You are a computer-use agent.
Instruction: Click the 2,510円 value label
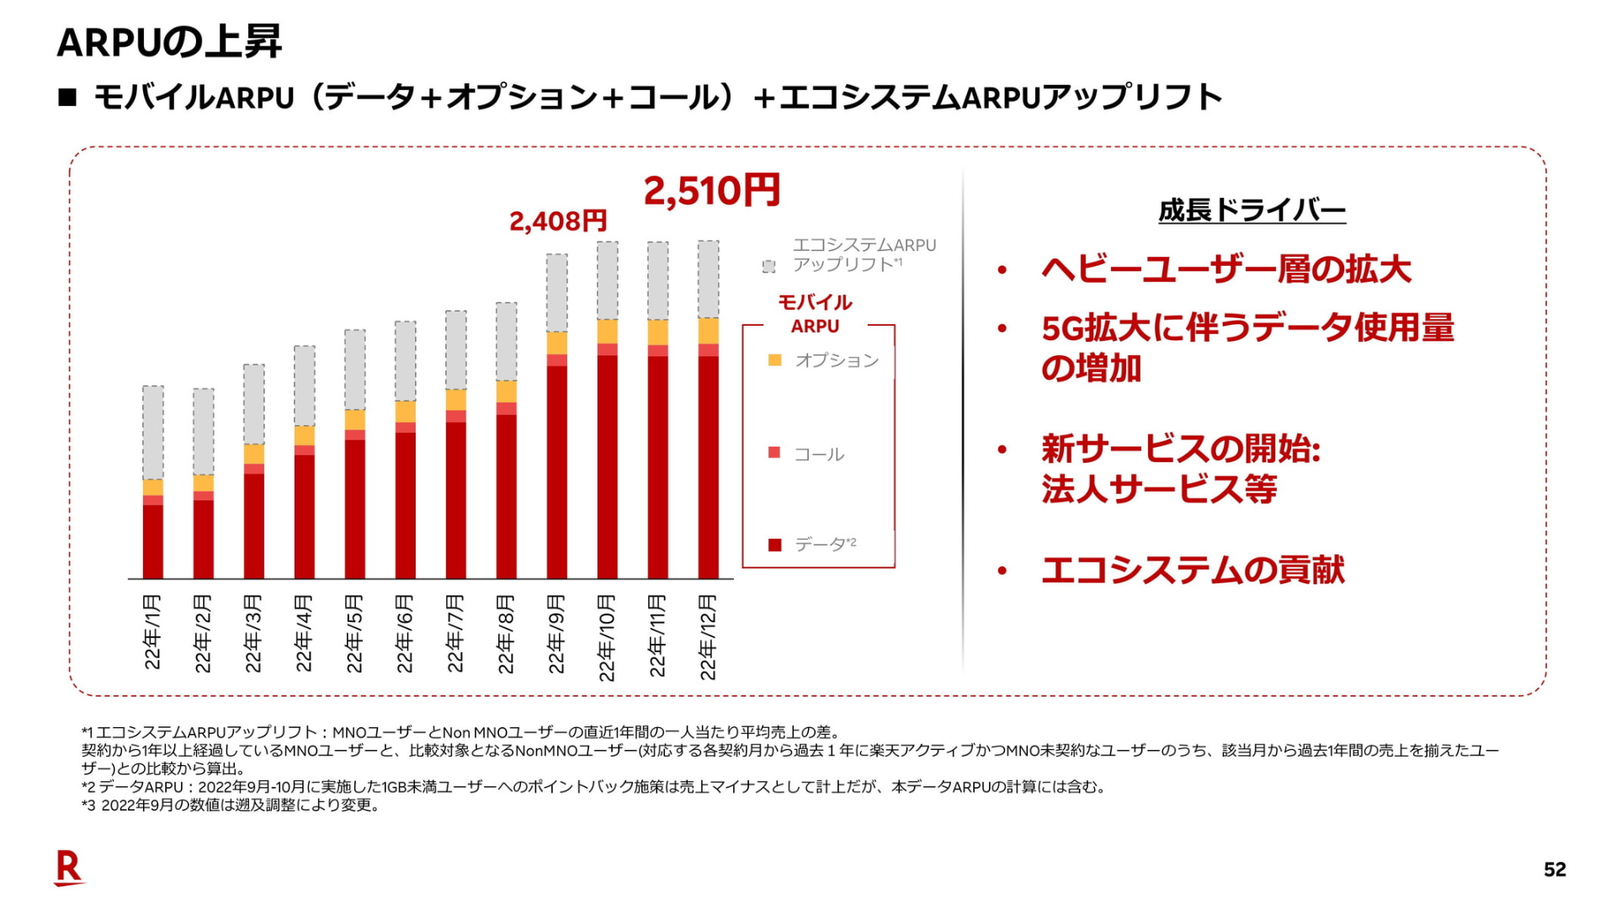(x=712, y=191)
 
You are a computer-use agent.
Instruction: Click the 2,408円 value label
(x=558, y=221)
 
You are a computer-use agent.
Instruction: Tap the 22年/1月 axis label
(x=152, y=632)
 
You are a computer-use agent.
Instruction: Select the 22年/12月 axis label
(x=708, y=637)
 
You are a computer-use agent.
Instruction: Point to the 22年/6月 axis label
(x=405, y=634)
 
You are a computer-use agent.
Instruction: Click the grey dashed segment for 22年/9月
(x=556, y=293)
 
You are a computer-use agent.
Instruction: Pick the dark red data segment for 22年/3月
(x=253, y=526)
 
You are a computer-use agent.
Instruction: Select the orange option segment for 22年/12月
(x=708, y=331)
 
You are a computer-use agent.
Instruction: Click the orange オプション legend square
(x=775, y=360)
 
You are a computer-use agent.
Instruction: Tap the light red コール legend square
(x=775, y=453)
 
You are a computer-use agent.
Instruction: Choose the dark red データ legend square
(x=775, y=545)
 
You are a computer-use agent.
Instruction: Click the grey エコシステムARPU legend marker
(x=768, y=266)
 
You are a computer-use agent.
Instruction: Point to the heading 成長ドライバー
(x=1252, y=210)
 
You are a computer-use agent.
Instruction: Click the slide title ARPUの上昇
(x=169, y=42)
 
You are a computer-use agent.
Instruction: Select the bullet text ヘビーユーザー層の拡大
(x=1225, y=269)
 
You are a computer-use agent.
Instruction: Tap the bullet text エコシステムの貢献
(x=1193, y=571)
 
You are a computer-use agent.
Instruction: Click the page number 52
(x=1555, y=869)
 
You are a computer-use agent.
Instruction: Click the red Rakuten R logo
(x=68, y=867)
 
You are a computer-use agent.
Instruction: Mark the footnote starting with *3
(x=231, y=805)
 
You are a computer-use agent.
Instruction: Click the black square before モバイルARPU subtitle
(x=67, y=98)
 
